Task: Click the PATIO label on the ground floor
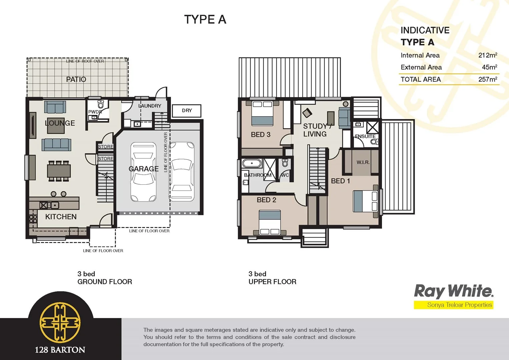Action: pyautogui.click(x=76, y=79)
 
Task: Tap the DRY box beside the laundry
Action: pyautogui.click(x=187, y=111)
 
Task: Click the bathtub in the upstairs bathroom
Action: pyautogui.click(x=252, y=164)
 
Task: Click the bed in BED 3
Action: pyautogui.click(x=262, y=113)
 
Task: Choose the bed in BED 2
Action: pyautogui.click(x=270, y=223)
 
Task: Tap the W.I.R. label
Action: pyautogui.click(x=363, y=162)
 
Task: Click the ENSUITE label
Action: pyautogui.click(x=365, y=136)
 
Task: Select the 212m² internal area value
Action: pyautogui.click(x=487, y=55)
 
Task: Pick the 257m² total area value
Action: pyautogui.click(x=487, y=79)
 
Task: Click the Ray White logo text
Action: pyautogui.click(x=453, y=291)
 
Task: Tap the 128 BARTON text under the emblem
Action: pyautogui.click(x=60, y=350)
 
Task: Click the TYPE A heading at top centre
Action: pyautogui.click(x=205, y=20)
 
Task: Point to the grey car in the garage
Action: pyautogui.click(x=143, y=172)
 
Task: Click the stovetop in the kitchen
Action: pyautogui.click(x=33, y=218)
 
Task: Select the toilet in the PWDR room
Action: pyautogui.click(x=101, y=104)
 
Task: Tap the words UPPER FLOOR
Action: pyautogui.click(x=272, y=282)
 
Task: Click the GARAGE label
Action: pyautogui.click(x=144, y=169)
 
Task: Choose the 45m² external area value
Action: pyautogui.click(x=489, y=67)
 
